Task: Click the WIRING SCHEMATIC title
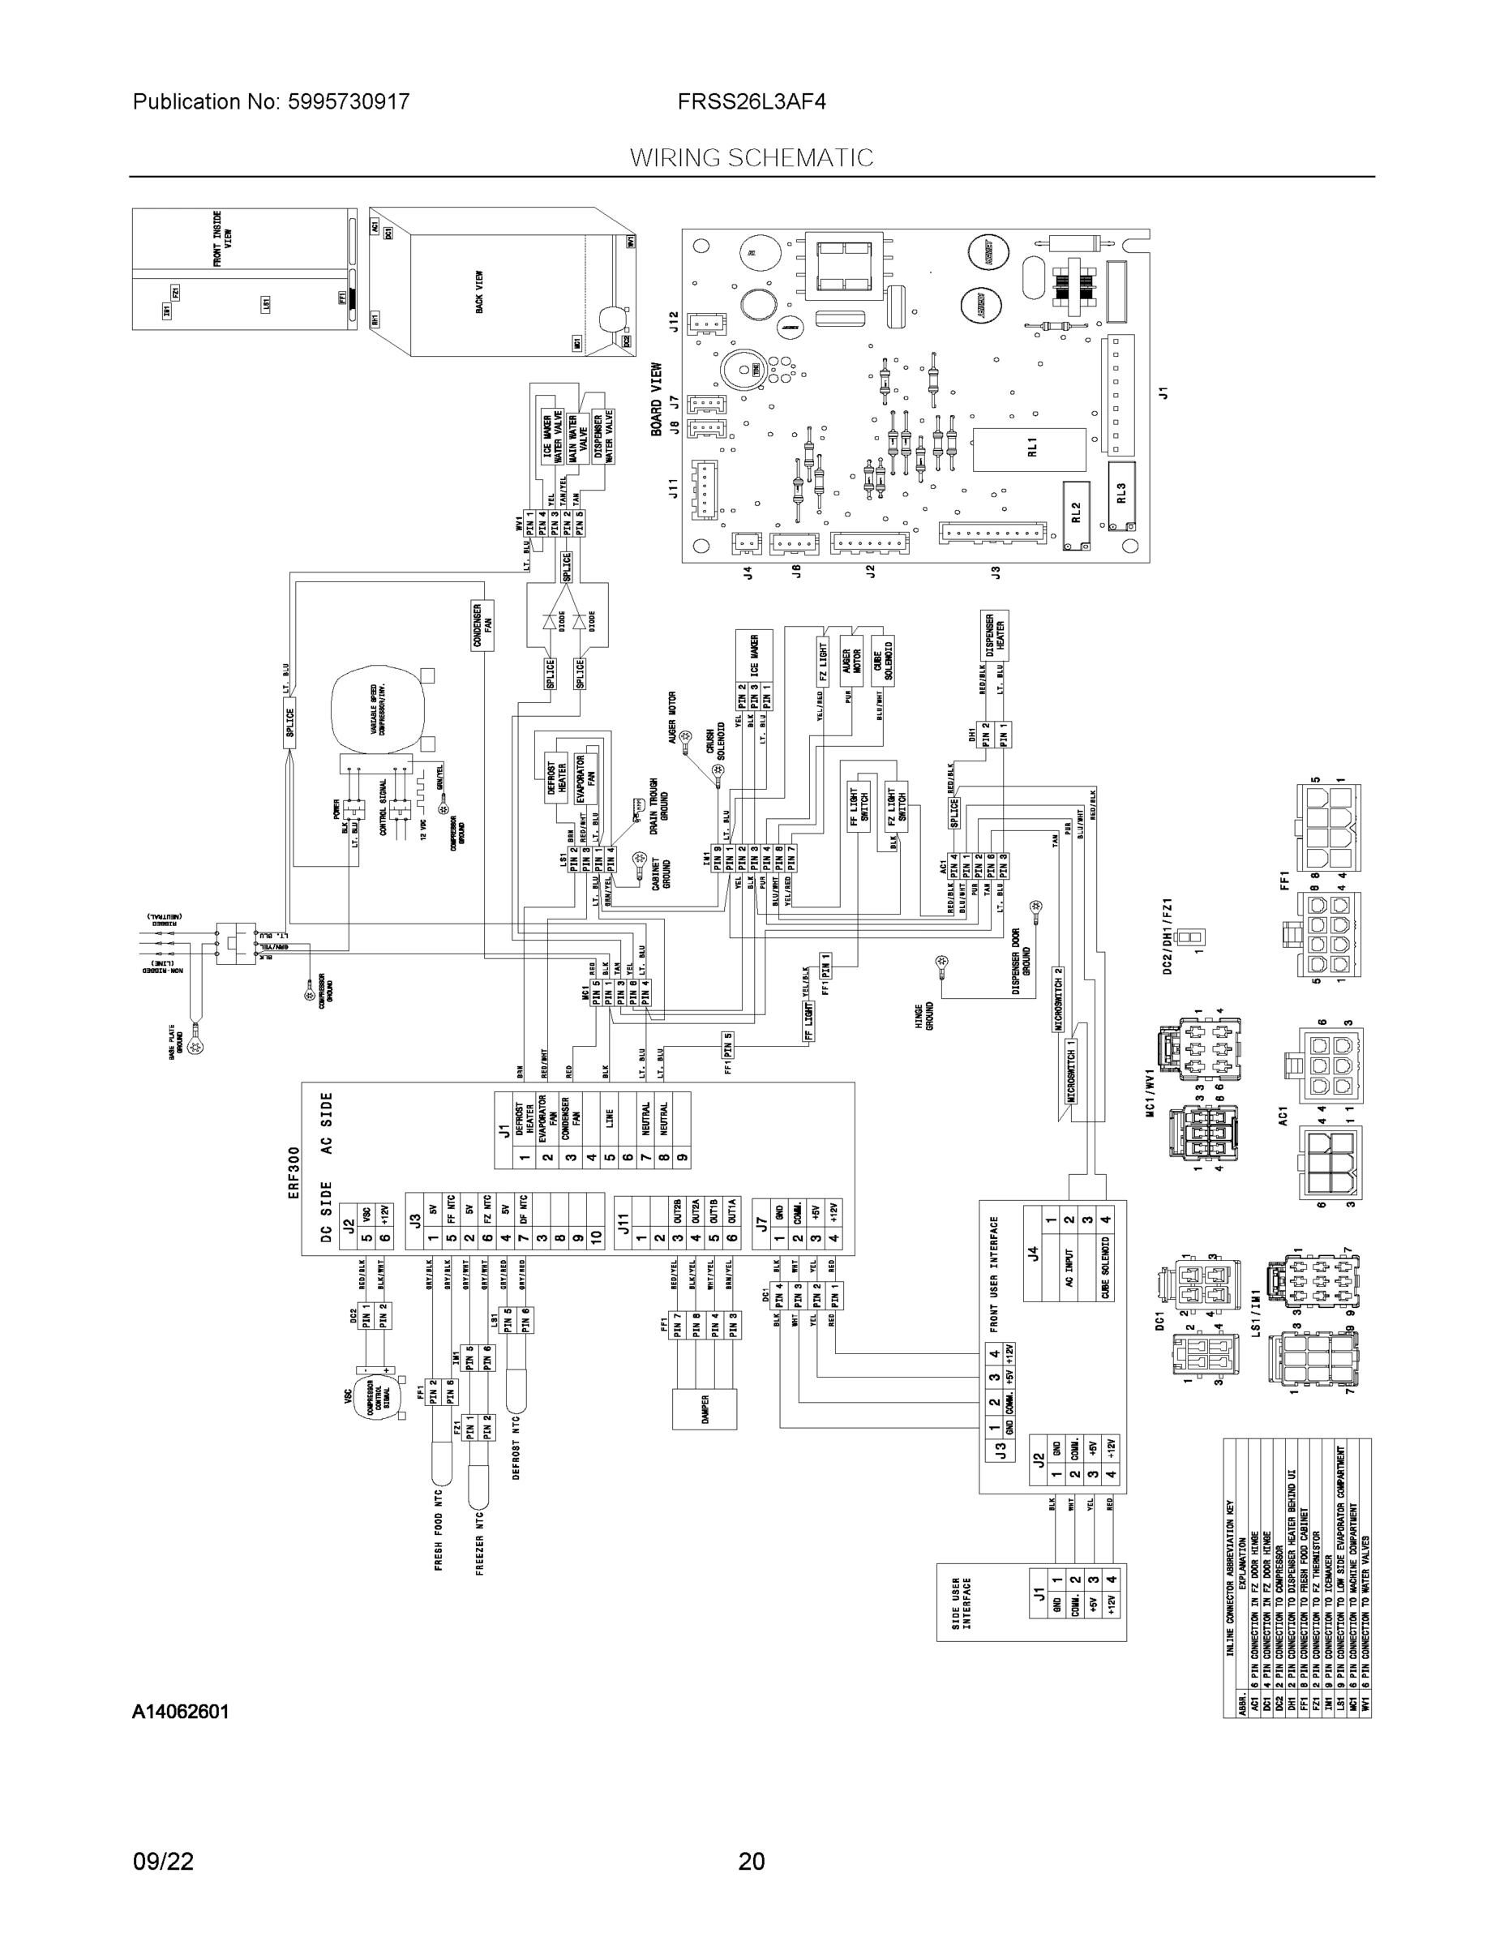tap(751, 158)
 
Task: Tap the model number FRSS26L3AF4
tap(751, 101)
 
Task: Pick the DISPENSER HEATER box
tap(994, 634)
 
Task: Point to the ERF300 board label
tap(294, 1172)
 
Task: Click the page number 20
tap(751, 1861)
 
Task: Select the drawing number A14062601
tap(180, 1712)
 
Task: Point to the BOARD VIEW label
tap(657, 399)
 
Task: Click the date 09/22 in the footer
tap(163, 1861)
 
